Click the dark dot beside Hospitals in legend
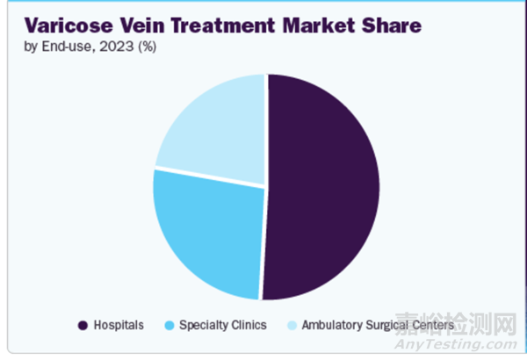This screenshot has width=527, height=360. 83,325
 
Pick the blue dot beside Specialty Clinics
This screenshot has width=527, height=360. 168,325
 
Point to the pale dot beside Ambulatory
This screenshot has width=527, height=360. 291,325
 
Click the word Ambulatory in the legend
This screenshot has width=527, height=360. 331,325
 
